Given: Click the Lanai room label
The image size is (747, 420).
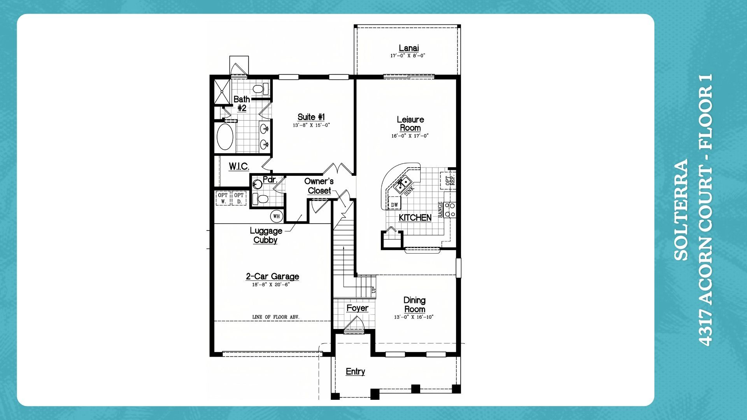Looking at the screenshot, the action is (409, 48).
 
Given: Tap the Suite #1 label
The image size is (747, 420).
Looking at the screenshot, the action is (311, 117).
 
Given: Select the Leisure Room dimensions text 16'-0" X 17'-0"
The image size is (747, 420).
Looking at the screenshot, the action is (410, 136).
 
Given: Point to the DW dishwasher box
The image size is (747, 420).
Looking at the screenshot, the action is (395, 204).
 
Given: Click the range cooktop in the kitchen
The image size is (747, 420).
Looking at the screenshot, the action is (450, 210).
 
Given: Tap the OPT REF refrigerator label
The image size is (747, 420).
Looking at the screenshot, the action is (449, 180).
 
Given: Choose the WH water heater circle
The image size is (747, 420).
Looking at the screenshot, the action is (276, 216).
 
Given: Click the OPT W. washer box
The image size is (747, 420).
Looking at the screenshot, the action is (223, 198).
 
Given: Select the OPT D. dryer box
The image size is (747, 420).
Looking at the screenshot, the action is (239, 198).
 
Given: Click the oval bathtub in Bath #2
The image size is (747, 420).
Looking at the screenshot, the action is (225, 137).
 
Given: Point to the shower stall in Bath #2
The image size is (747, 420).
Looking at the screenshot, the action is (222, 91).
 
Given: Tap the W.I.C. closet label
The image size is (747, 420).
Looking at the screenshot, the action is (239, 166).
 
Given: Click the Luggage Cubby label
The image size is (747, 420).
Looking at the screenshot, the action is (266, 235).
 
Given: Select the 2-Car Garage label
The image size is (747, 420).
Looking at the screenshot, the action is (272, 276).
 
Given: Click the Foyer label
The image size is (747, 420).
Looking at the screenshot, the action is (357, 308).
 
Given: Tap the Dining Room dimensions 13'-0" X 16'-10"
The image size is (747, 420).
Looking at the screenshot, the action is (414, 317).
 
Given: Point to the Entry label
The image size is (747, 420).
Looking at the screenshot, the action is (355, 371).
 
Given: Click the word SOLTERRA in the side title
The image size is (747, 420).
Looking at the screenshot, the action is (681, 210).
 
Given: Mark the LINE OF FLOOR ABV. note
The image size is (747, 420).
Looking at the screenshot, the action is (275, 317).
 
